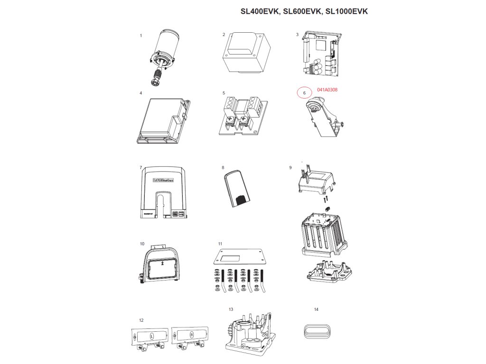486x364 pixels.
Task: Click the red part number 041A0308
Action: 327,89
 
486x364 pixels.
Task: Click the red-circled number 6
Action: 304,93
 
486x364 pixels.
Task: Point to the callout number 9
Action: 290,167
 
